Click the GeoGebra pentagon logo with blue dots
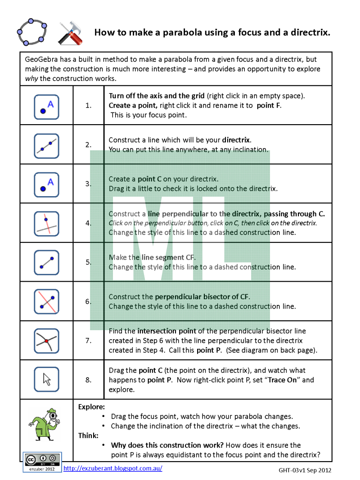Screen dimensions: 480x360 31,31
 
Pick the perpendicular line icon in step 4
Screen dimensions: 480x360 46,224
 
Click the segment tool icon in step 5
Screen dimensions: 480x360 46,262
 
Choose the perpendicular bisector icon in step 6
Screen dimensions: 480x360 46,301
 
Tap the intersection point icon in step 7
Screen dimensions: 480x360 46,341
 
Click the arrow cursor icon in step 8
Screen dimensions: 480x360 46,379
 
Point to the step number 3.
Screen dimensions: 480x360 88,184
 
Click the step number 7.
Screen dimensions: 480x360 88,341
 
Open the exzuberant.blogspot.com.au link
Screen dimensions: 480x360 112,468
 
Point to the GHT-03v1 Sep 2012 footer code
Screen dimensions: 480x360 305,470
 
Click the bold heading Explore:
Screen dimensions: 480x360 91,407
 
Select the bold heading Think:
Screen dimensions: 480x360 88,435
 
